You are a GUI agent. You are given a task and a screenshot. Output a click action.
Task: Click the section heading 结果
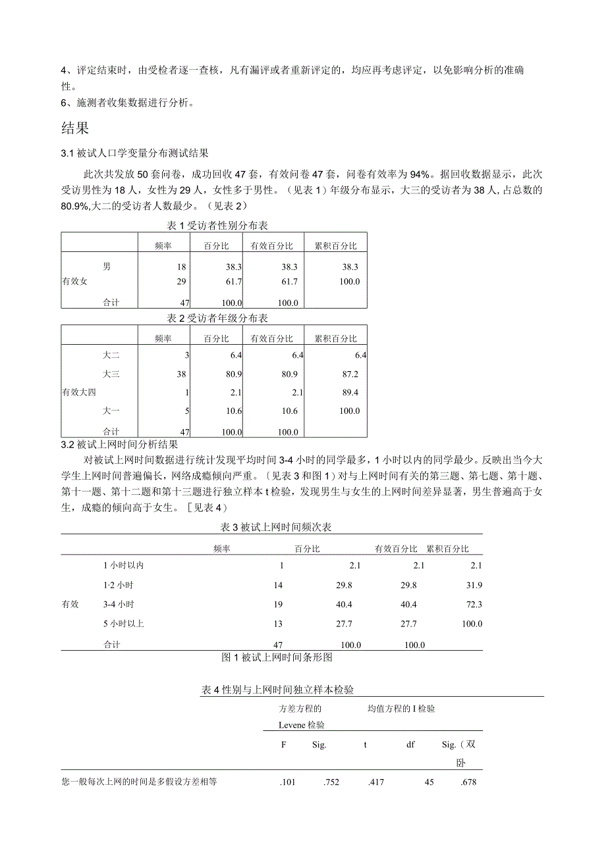(74, 127)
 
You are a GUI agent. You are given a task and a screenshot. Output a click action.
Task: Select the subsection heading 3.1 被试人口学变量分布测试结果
(135, 153)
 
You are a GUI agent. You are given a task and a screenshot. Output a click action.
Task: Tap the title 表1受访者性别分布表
(217, 226)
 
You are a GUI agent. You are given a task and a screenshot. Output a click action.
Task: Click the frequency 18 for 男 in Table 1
(182, 266)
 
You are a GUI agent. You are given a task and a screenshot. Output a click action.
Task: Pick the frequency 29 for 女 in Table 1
(182, 282)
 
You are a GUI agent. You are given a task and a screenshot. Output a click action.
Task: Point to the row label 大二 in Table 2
(111, 355)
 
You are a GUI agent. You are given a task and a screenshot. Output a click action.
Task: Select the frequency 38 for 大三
(182, 374)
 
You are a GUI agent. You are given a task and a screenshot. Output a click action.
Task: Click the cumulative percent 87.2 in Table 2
(348, 374)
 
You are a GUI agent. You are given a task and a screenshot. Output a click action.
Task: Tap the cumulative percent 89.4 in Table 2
(348, 393)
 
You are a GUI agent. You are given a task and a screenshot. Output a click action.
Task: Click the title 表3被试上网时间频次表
(280, 527)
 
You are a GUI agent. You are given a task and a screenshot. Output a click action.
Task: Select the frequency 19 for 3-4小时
(278, 604)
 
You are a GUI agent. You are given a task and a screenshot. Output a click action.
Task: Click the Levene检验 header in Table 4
(302, 724)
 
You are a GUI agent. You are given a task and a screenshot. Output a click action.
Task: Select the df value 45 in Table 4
(429, 782)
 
